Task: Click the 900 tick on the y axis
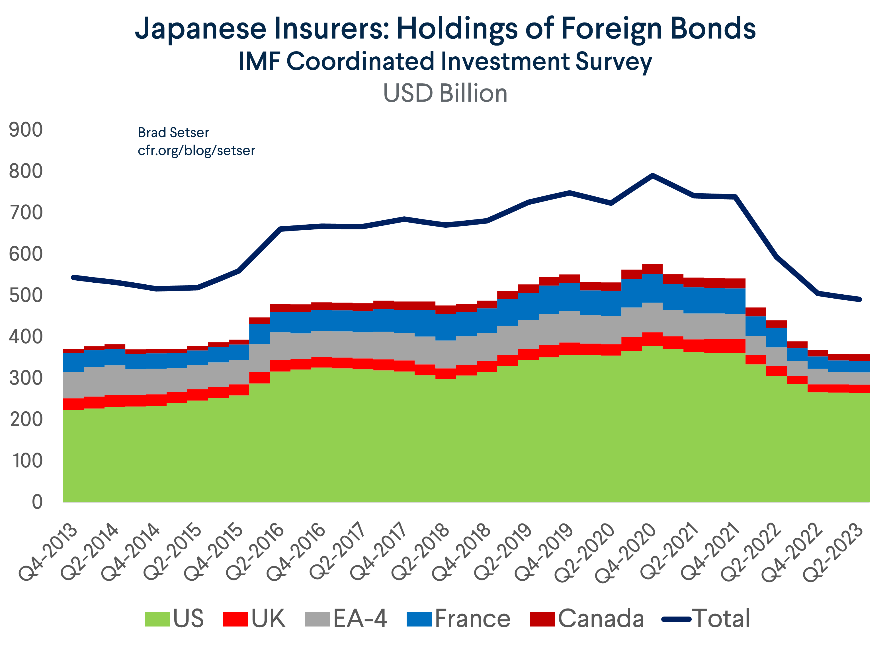26,130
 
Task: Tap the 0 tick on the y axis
37,502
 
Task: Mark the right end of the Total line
860,299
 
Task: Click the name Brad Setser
173,133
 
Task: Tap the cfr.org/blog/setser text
196,150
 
